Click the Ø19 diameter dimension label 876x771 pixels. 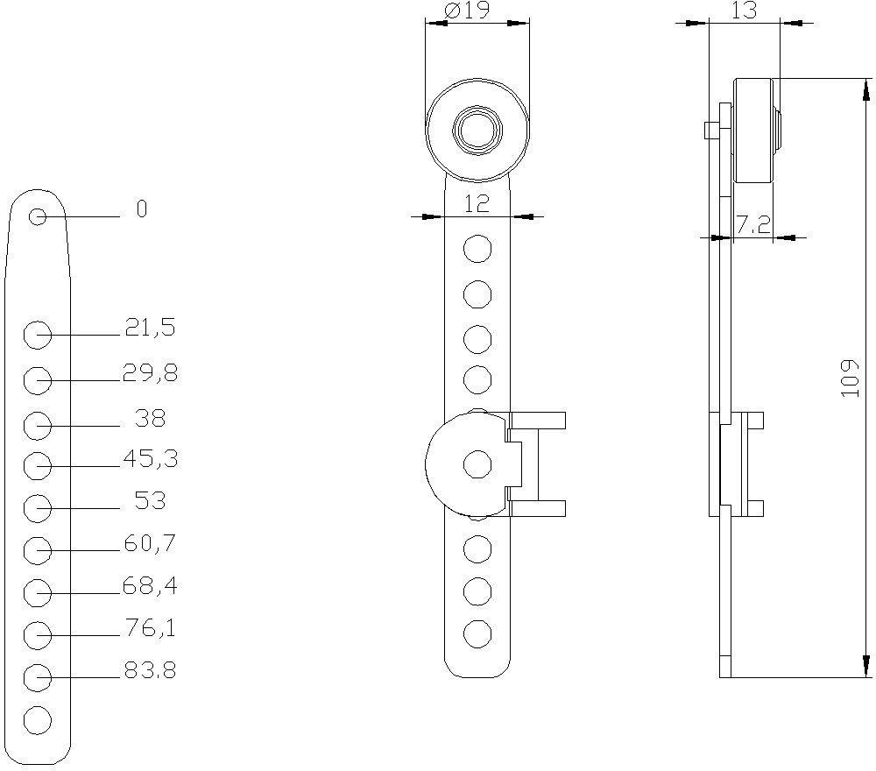(x=467, y=11)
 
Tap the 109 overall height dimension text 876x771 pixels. (x=849, y=378)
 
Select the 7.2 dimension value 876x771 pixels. (x=753, y=225)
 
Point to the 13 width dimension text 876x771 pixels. (x=743, y=10)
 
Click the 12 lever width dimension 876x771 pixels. (x=476, y=204)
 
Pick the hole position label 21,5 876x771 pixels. (x=150, y=329)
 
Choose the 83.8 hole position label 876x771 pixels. (x=150, y=671)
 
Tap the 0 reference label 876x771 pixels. (x=142, y=209)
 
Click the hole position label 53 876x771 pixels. (x=150, y=501)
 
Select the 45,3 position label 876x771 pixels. (x=150, y=458)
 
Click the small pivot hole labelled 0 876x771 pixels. (x=37, y=216)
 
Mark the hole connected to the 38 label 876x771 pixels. (x=38, y=425)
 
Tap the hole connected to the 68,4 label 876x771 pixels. (x=38, y=593)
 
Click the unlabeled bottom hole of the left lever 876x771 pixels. (x=38, y=721)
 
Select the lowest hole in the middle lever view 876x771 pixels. (x=477, y=633)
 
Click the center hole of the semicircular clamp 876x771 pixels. (x=477, y=464)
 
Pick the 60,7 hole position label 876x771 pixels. (x=150, y=544)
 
